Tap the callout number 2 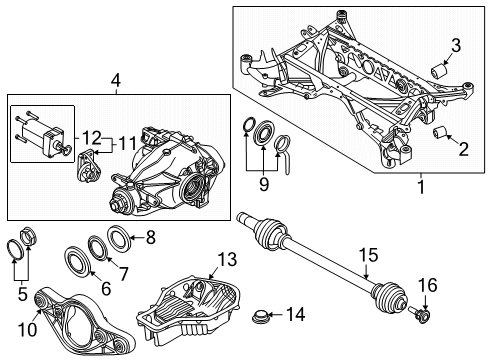pyautogui.click(x=463, y=150)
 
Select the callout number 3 pyautogui.click(x=455, y=44)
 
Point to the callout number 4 pyautogui.click(x=115, y=81)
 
